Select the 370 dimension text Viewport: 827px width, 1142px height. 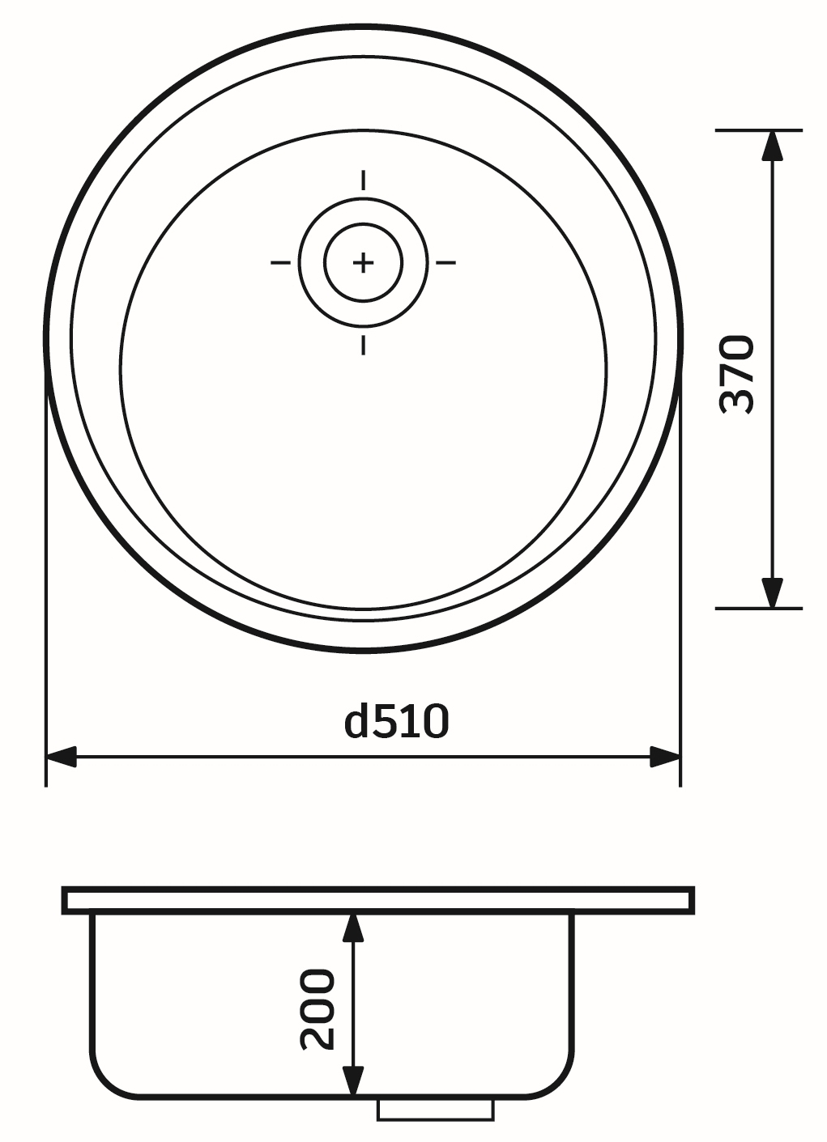[x=737, y=375]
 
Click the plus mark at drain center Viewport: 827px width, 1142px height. [x=363, y=262]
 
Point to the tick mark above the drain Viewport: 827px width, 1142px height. [x=363, y=180]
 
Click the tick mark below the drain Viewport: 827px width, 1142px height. [x=363, y=346]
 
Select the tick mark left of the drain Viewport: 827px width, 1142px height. [x=280, y=262]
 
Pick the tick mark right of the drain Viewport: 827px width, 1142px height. [x=446, y=262]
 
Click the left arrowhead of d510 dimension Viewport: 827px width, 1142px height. [x=62, y=758]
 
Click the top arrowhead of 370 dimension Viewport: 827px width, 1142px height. [x=773, y=146]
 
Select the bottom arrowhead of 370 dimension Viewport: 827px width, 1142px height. [x=773, y=592]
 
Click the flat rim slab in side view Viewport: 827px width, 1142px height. [x=378, y=900]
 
